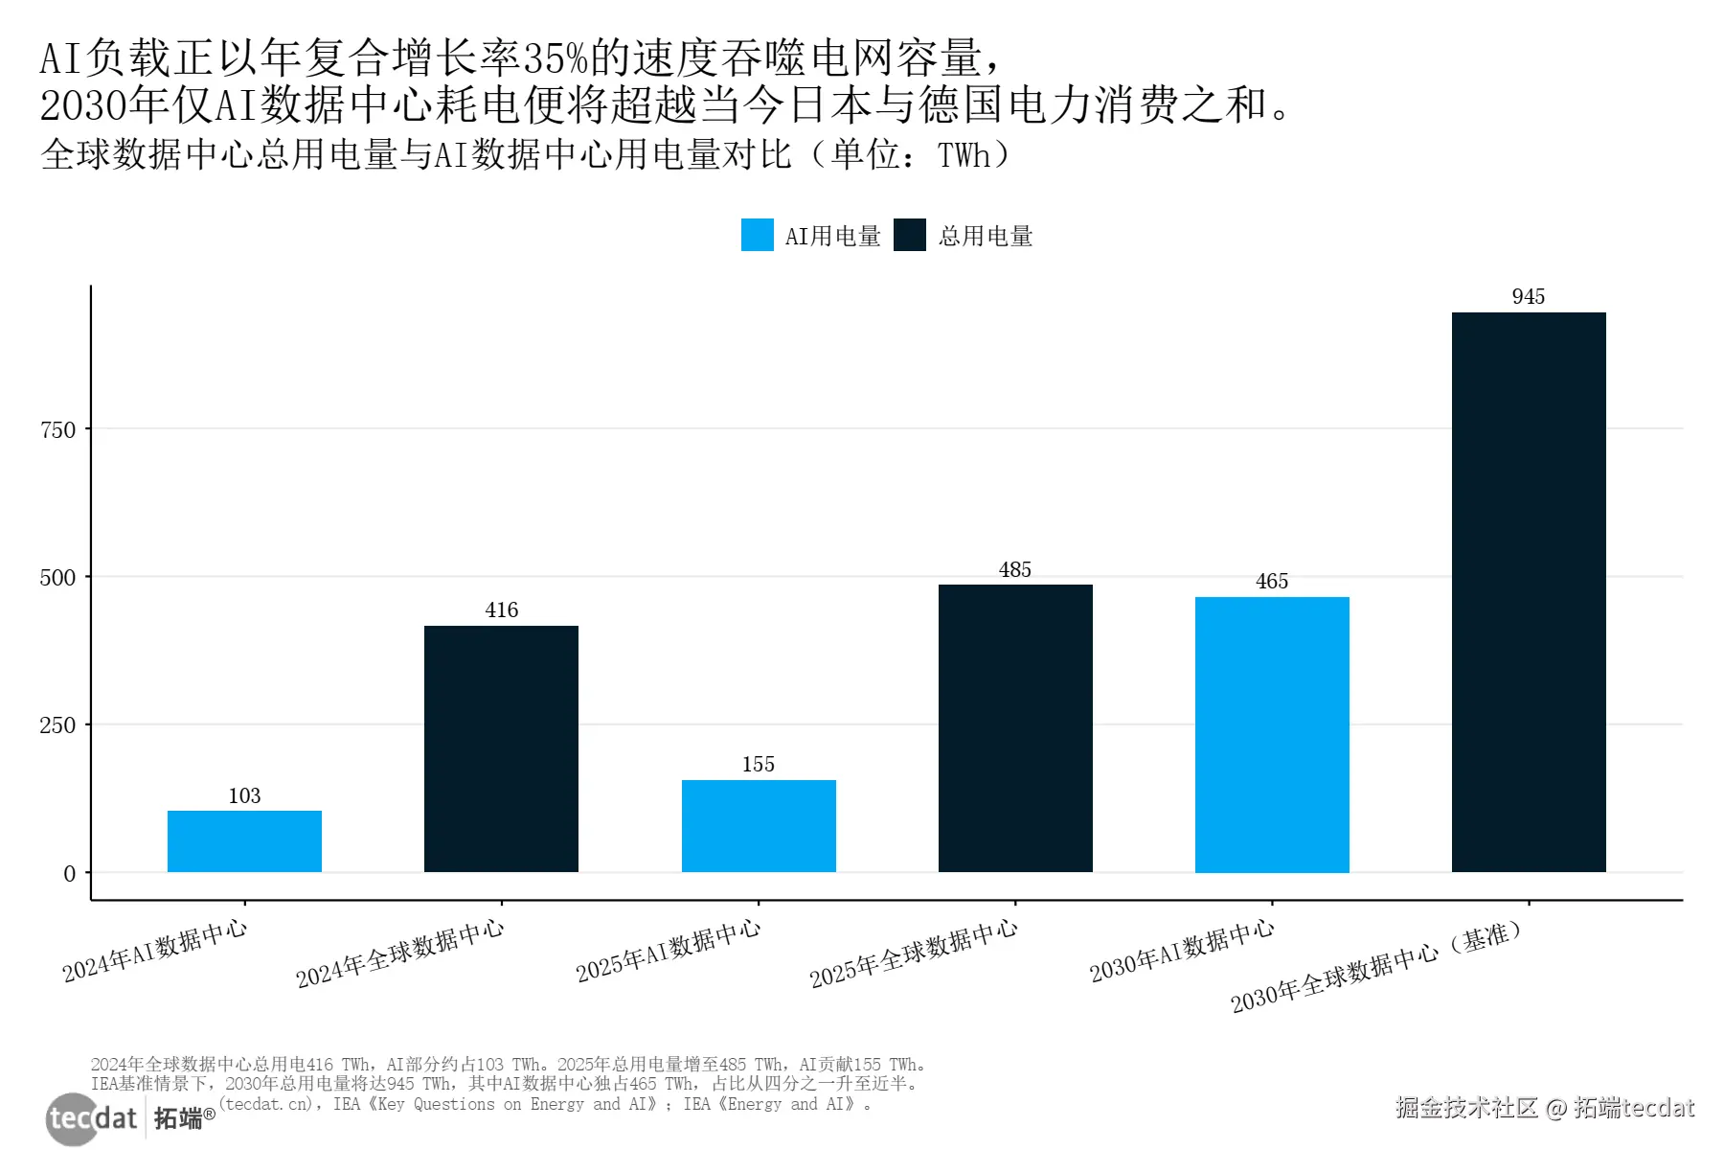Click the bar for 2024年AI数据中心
point(244,841)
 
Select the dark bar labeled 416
point(501,748)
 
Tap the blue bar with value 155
point(759,826)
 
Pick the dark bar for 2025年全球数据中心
point(1015,728)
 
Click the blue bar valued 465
point(1272,734)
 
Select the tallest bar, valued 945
point(1529,592)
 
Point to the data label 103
point(244,795)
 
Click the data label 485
point(1015,569)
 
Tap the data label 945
point(1529,296)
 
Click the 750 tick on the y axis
point(57,429)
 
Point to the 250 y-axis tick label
point(57,725)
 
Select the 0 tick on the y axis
point(69,873)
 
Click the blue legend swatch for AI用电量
point(757,235)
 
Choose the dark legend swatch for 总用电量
point(910,235)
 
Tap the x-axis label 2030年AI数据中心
point(1182,950)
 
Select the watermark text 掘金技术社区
point(1465,1108)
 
